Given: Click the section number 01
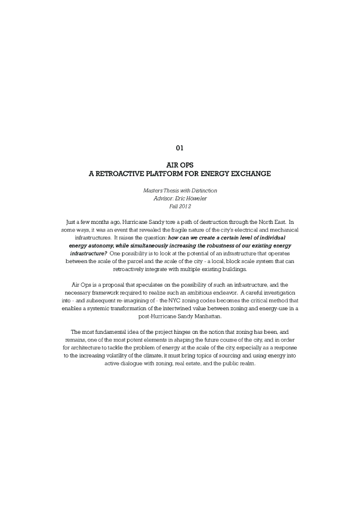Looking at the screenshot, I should [180, 148].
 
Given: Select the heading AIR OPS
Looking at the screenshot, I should [180, 165].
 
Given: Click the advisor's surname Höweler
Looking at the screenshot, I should [190, 198].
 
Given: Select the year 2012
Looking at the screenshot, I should [185, 206].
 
